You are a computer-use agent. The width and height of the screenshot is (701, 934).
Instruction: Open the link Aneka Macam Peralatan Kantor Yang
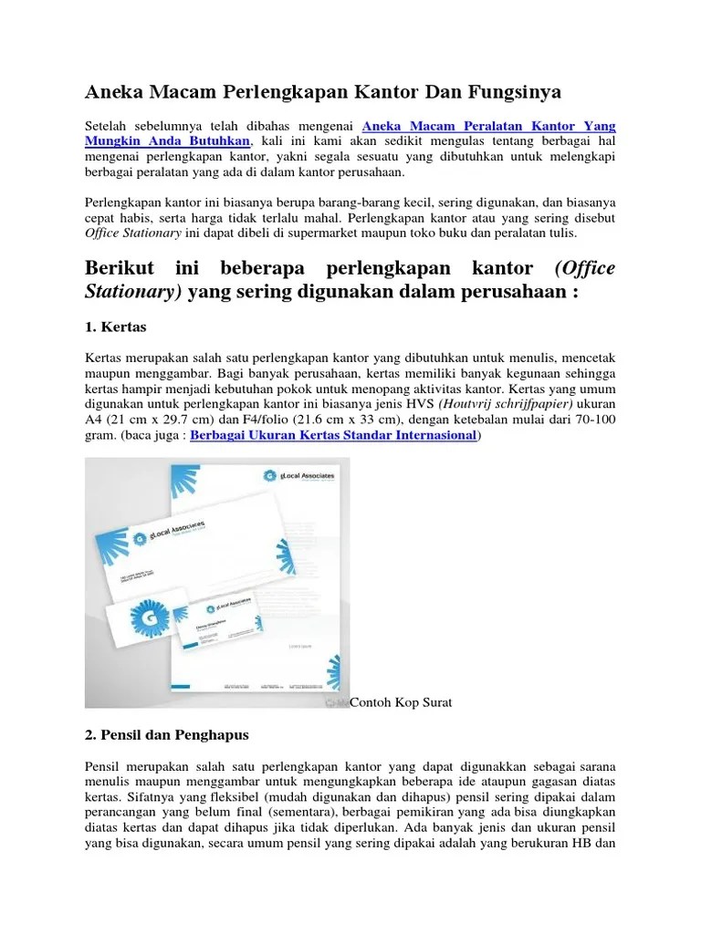[x=489, y=126]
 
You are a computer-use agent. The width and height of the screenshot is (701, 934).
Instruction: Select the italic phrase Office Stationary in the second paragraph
[x=133, y=233]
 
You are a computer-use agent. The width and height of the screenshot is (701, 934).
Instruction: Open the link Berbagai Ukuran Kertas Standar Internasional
[x=334, y=436]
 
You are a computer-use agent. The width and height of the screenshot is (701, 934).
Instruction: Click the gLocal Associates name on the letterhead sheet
[x=307, y=476]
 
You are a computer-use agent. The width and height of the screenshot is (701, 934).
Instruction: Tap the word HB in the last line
[x=580, y=843]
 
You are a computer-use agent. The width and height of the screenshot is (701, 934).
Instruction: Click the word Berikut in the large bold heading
[x=120, y=269]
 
